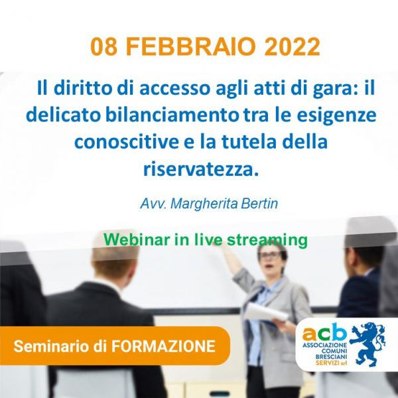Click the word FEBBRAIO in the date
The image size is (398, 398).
point(190,47)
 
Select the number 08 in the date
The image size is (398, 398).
point(104,47)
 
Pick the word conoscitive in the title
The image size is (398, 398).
point(127,142)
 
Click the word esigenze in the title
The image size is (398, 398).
point(336,115)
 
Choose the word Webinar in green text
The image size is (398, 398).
point(137,239)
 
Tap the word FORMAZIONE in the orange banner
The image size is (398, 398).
point(163,346)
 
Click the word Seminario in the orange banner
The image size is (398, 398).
point(52,346)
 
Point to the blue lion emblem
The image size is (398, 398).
point(368,344)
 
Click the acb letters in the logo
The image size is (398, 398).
point(324,332)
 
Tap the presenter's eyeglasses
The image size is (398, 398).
point(271,255)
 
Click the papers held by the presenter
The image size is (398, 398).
point(266,313)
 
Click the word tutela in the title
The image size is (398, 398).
point(249,142)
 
